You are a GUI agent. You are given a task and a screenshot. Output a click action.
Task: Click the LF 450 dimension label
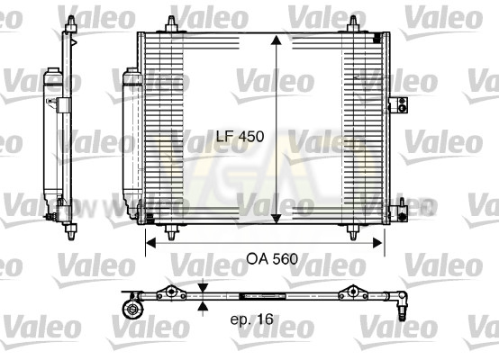[240, 137]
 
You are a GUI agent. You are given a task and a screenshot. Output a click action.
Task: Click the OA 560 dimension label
[272, 259]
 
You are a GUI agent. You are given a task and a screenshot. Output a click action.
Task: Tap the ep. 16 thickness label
[251, 319]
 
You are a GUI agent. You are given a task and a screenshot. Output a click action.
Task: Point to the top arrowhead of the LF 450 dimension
[276, 40]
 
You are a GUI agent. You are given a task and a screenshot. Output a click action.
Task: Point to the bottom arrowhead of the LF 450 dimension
[276, 219]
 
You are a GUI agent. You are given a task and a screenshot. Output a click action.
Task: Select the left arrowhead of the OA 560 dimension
[150, 243]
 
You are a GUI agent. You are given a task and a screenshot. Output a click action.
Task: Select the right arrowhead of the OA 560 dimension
[377, 243]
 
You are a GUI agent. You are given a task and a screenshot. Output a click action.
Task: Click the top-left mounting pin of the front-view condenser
[171, 24]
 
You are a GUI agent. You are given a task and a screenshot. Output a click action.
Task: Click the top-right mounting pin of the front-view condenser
[353, 24]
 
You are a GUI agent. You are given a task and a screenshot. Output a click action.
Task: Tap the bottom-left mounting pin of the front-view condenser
[171, 232]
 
